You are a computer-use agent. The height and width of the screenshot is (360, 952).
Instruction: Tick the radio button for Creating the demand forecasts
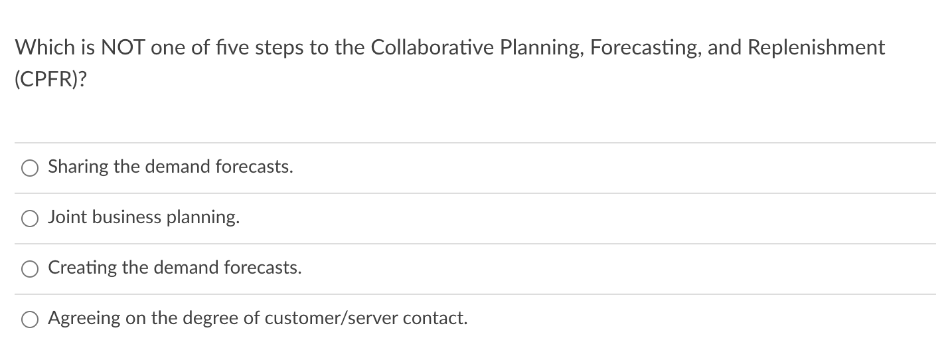(x=30, y=269)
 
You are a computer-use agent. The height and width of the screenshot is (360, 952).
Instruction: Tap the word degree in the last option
(x=210, y=318)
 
